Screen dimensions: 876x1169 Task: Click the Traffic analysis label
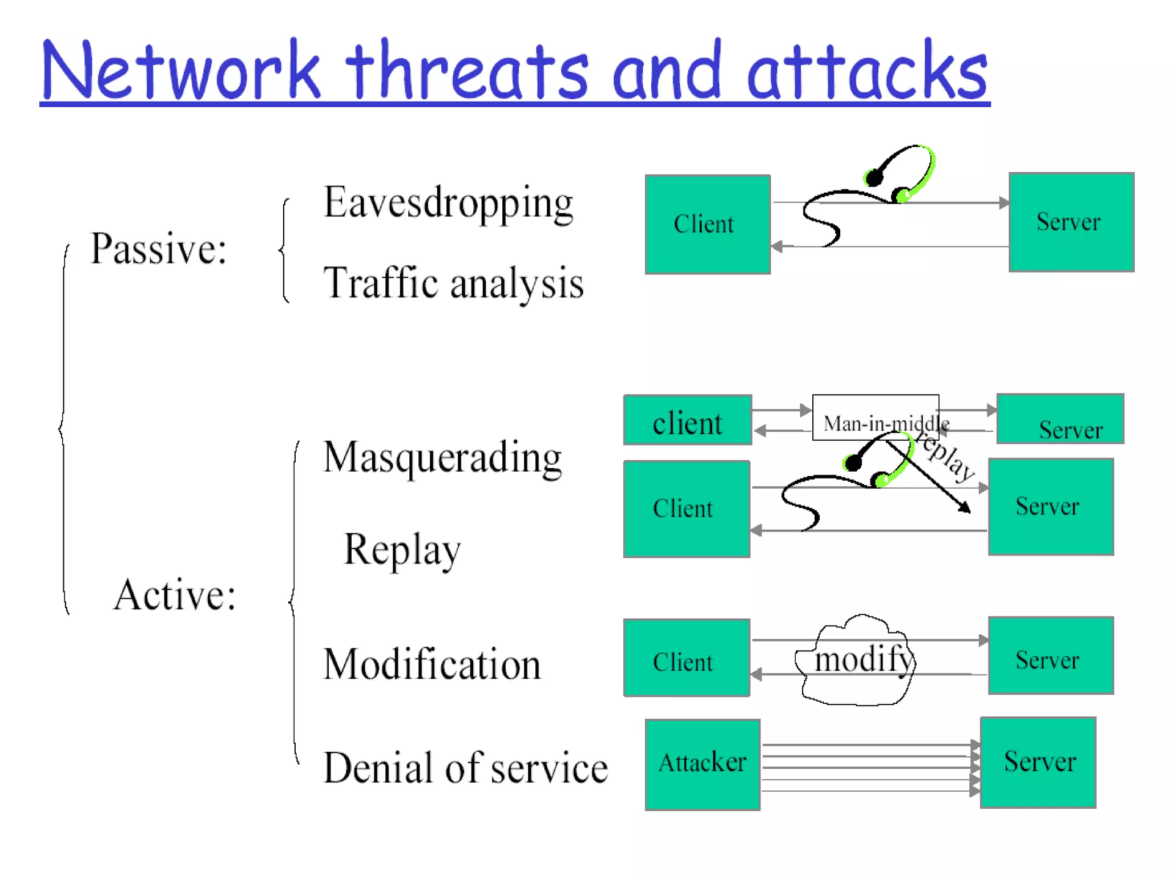point(453,283)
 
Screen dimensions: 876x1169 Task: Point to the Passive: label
point(159,249)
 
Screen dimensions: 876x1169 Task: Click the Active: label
point(175,595)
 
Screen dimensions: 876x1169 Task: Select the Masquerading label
point(442,458)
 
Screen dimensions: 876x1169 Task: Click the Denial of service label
point(465,768)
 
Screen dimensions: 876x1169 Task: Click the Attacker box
point(702,764)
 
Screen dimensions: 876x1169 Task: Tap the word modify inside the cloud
point(863,660)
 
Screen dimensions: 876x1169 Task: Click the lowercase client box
point(687,420)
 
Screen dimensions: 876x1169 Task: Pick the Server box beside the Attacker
point(1038,762)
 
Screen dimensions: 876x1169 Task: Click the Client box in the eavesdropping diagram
point(707,224)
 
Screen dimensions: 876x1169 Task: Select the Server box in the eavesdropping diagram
point(1071,222)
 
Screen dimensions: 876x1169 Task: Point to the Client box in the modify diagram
point(686,658)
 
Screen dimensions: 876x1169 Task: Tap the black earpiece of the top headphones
point(874,178)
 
